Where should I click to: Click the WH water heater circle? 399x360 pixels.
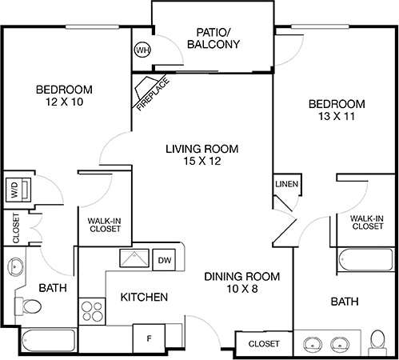tap(143, 50)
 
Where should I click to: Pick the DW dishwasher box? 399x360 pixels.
tap(164, 260)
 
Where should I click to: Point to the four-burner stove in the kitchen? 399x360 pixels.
tap(92, 310)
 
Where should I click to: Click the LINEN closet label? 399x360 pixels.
tap(286, 184)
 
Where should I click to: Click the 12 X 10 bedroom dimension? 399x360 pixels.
tap(65, 103)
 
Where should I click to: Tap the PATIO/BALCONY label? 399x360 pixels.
tap(213, 38)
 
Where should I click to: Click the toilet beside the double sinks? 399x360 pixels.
tap(377, 342)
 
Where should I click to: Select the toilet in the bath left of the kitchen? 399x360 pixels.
tap(33, 307)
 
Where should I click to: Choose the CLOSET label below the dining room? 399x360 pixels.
tap(264, 343)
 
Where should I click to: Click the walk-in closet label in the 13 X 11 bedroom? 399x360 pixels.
tap(367, 222)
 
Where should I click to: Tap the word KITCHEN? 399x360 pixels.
tap(144, 298)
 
